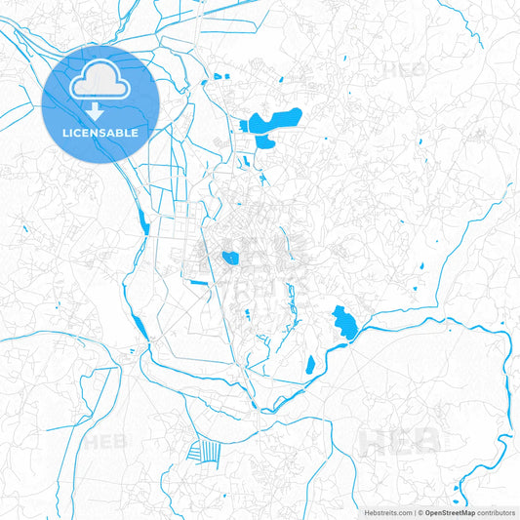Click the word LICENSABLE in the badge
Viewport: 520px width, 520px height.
[x=100, y=133]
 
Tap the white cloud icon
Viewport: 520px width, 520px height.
[x=100, y=82]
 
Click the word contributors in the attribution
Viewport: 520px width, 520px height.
[x=496, y=511]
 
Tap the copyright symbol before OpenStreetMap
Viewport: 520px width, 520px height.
[x=420, y=511]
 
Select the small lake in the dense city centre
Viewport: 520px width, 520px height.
[x=230, y=258]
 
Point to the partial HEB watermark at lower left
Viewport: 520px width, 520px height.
[x=105, y=441]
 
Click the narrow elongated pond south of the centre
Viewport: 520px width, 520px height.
[x=310, y=366]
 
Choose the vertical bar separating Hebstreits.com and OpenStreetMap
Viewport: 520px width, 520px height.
[x=414, y=511]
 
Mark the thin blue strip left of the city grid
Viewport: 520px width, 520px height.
[x=142, y=224]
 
